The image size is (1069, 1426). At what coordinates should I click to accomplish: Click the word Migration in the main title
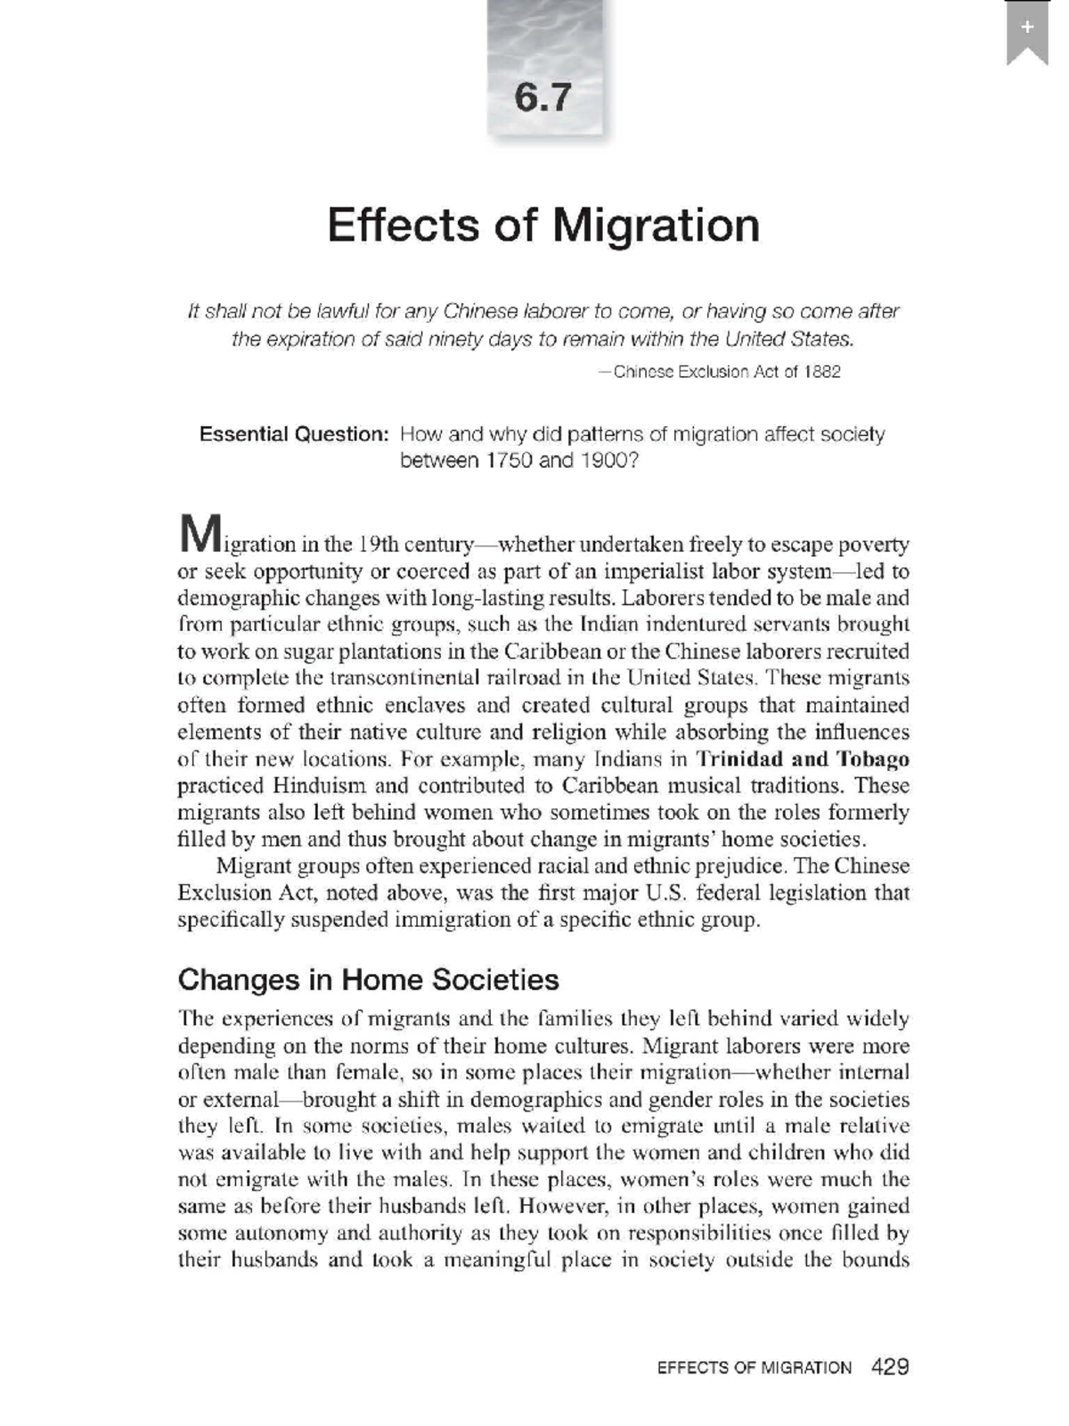pyautogui.click(x=656, y=225)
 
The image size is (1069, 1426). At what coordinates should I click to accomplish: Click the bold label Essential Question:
pyautogui.click(x=294, y=434)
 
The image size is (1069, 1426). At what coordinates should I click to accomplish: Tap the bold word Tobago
pyautogui.click(x=872, y=759)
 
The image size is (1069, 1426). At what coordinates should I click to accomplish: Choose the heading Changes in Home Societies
pyautogui.click(x=368, y=979)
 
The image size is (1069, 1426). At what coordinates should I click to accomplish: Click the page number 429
pyautogui.click(x=890, y=1366)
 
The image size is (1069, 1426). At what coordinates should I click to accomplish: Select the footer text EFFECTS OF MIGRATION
pyautogui.click(x=754, y=1367)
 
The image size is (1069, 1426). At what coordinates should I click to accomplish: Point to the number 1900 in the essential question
pyautogui.click(x=605, y=461)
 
